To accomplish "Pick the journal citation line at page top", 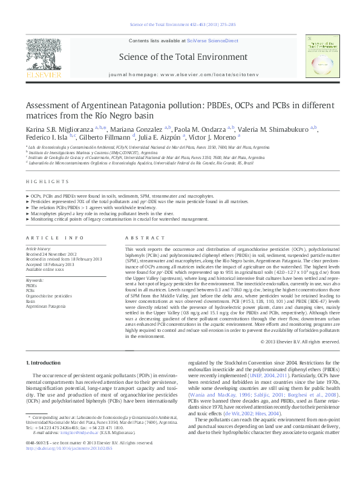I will [x=180, y=24].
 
